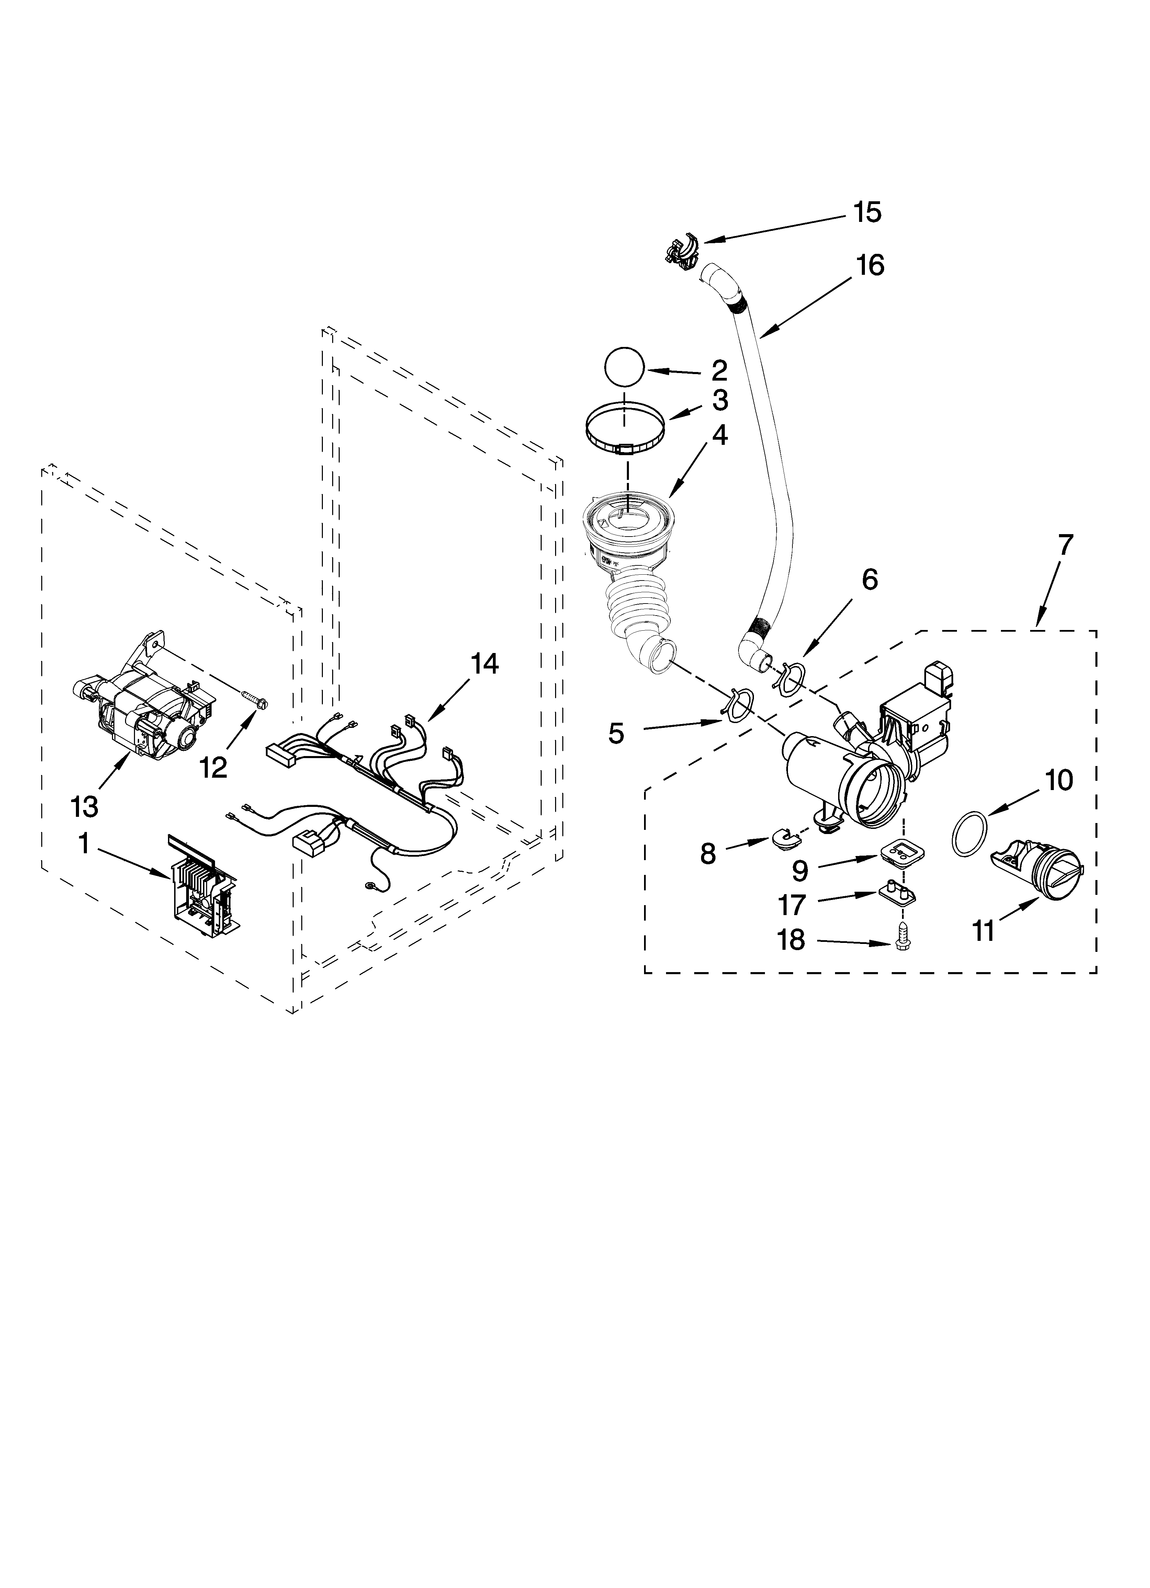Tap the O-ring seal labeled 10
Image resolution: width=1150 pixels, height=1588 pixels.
(967, 835)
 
